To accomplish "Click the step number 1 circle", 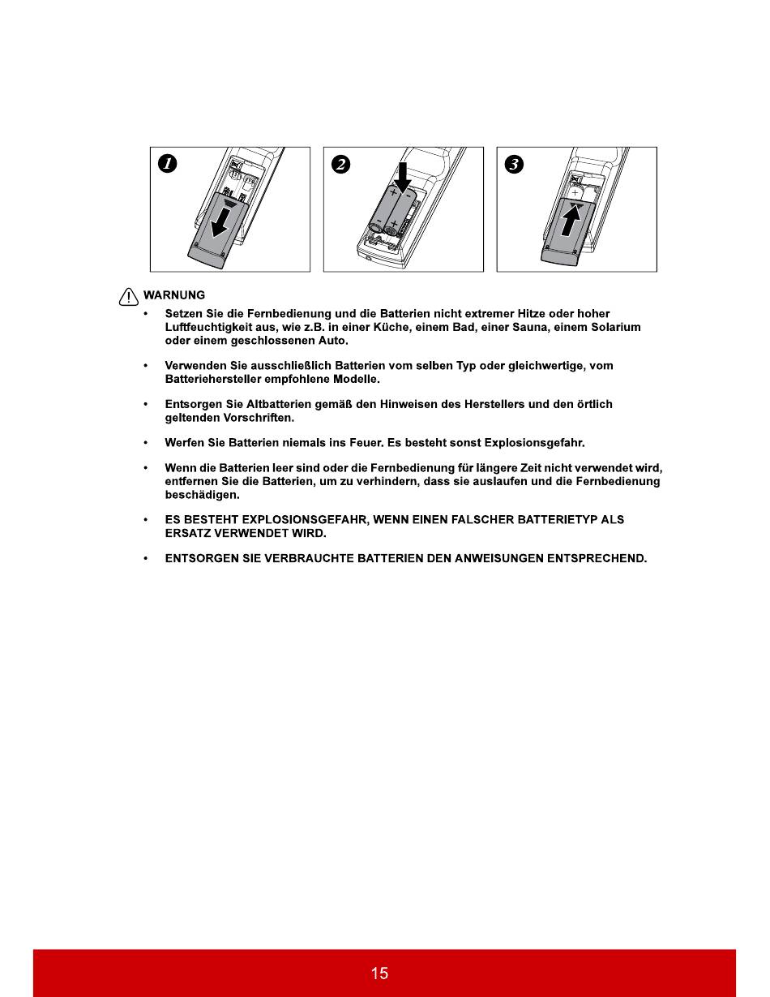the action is point(167,164).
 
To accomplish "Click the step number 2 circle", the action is point(340,164).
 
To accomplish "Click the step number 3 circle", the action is point(514,164).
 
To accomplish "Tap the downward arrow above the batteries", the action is point(402,177).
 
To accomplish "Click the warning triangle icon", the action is point(129,297).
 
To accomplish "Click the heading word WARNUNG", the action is point(174,295).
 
